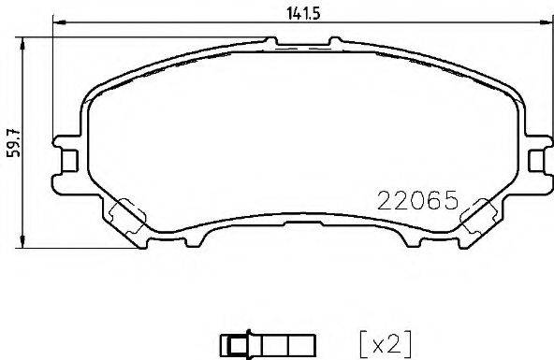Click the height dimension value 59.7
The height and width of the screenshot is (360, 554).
coord(13,144)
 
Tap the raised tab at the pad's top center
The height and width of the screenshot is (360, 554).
coord(301,42)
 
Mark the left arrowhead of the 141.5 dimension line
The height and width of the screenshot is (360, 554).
coord(57,21)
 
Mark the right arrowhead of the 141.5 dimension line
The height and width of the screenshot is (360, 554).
coord(547,21)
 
